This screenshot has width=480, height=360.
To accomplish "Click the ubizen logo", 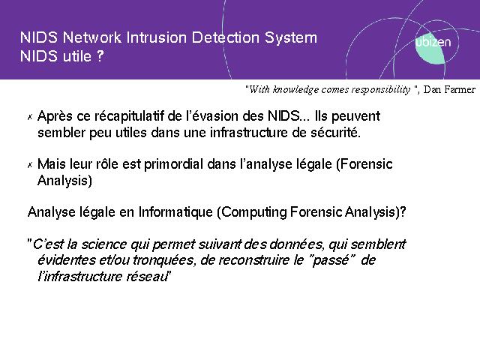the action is click(432, 46).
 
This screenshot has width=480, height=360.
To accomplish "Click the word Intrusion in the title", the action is click(156, 37).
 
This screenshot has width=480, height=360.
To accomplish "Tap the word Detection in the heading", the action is click(226, 37).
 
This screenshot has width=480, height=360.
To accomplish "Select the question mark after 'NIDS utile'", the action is click(100, 56).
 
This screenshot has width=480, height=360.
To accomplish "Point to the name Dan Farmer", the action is click(449, 90).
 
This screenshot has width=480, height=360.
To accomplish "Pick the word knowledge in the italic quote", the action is click(295, 90).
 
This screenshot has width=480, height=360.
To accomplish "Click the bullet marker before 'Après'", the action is click(30, 117).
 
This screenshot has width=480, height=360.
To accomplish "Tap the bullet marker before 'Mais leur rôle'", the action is click(30, 165).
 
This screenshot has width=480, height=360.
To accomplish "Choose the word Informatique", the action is click(175, 212).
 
